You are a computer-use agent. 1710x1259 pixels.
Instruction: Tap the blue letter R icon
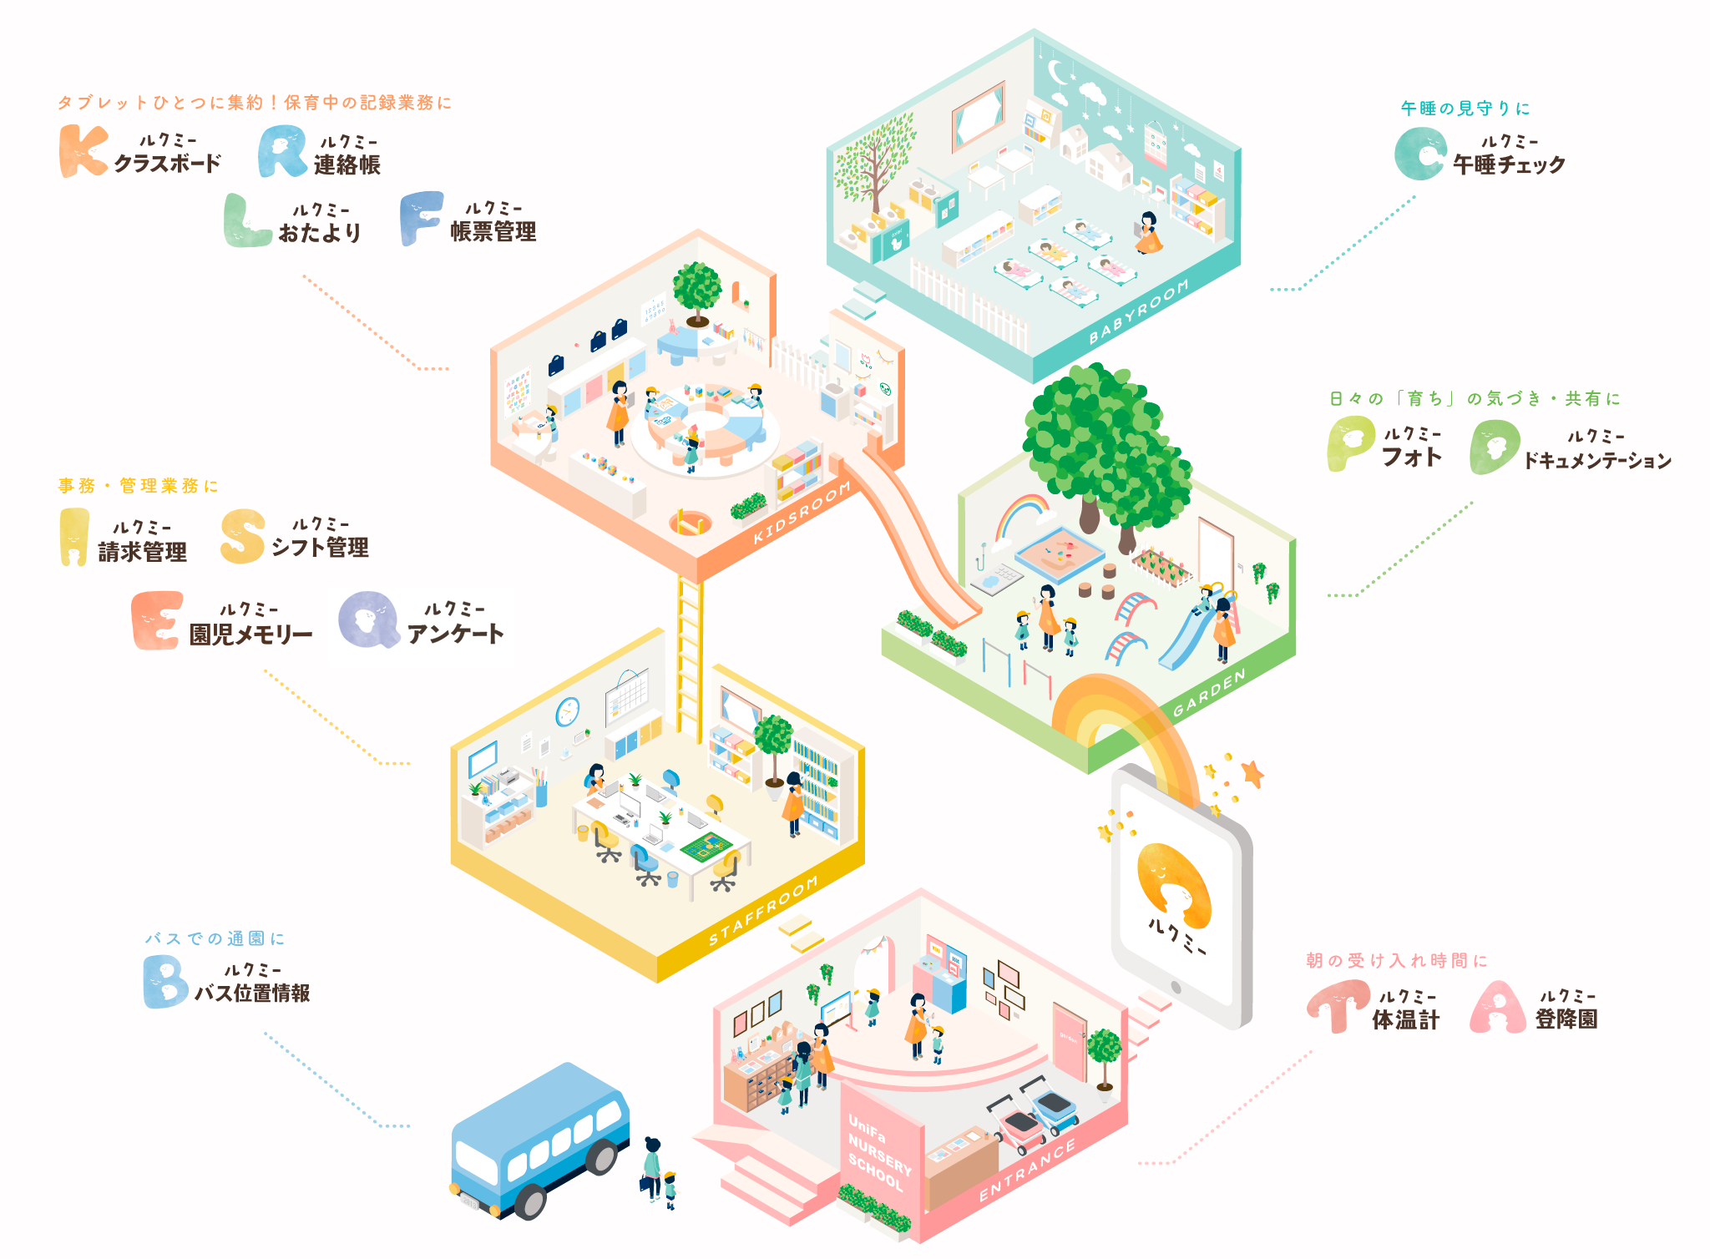tap(282, 151)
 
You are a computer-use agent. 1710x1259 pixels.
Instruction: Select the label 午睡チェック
tap(1509, 164)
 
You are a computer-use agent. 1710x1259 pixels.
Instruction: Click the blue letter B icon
tap(165, 982)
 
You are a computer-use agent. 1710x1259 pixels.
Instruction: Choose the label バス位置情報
tap(252, 993)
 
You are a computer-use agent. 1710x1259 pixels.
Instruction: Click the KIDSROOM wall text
tap(802, 512)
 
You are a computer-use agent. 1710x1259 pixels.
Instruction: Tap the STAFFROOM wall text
tap(763, 912)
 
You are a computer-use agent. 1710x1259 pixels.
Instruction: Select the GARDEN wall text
tap(1209, 692)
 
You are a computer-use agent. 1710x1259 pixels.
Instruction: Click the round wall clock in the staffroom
tap(568, 712)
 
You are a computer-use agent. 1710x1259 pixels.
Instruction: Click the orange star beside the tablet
tap(1252, 774)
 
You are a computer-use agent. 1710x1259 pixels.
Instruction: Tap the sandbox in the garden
tap(1059, 554)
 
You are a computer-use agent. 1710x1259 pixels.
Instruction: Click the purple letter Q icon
tap(368, 619)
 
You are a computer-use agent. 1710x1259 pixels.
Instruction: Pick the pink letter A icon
tap(1498, 1007)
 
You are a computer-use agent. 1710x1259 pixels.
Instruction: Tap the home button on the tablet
tap(1176, 988)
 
